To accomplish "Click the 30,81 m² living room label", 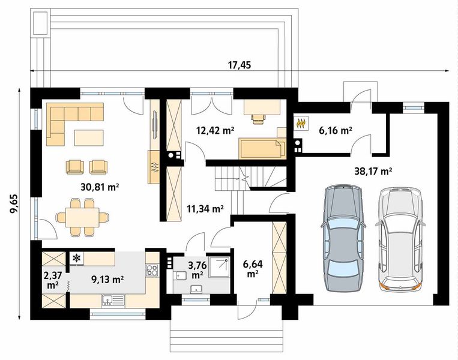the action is click(99, 187).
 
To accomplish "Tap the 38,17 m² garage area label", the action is click(373, 171).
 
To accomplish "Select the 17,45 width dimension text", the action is click(240, 65).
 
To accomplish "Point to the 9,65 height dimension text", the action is click(14, 205).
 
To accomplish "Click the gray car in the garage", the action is click(343, 238).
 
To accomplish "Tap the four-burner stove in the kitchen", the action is click(152, 270).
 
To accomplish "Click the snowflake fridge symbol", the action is click(77, 258).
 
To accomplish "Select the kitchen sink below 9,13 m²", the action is click(113, 300).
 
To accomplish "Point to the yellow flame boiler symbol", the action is click(301, 123).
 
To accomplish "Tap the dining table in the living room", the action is click(82, 217).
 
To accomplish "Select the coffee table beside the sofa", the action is click(89, 138).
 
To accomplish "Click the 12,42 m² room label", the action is click(215, 130).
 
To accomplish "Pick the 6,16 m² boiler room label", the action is click(335, 130).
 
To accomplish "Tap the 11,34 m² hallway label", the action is click(205, 208).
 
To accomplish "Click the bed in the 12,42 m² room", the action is click(262, 149).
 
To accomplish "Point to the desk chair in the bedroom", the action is click(259, 119).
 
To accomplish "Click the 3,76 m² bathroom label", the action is click(197, 270).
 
